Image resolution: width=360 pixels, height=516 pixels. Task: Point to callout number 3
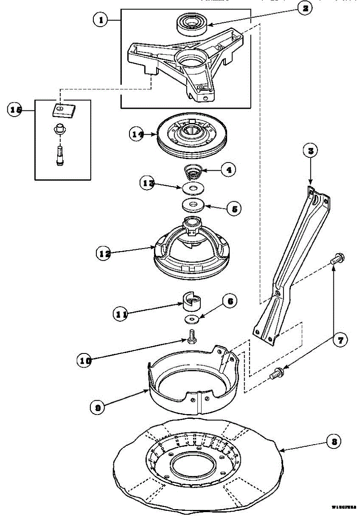click(x=310, y=150)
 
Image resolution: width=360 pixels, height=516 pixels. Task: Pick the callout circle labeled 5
click(x=234, y=209)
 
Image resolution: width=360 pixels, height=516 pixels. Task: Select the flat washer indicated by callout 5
click(x=192, y=204)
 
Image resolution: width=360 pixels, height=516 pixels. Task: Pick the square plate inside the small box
click(x=62, y=110)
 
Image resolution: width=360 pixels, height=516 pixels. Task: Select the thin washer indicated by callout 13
click(x=192, y=188)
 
